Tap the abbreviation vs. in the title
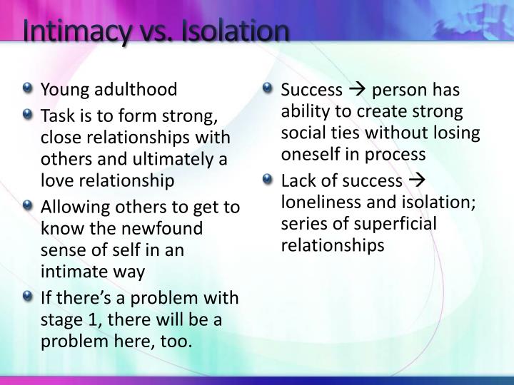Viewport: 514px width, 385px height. click(x=156, y=32)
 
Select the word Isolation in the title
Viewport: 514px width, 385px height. click(x=236, y=32)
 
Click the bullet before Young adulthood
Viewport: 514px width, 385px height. click(x=28, y=89)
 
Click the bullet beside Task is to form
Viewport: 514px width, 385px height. click(x=28, y=113)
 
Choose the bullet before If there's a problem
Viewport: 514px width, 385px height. click(x=28, y=296)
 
